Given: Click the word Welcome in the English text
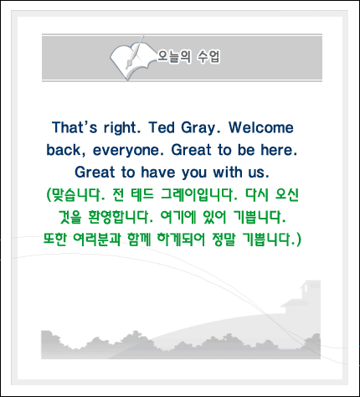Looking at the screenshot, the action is pyautogui.click(x=261, y=127).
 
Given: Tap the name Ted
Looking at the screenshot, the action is pyautogui.click(x=162, y=127).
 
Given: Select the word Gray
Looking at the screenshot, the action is pyautogui.click(x=201, y=128).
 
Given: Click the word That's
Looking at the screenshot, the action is pyautogui.click(x=75, y=127).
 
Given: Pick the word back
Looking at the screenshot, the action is pyautogui.click(x=66, y=150).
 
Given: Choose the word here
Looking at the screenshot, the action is pyautogui.click(x=279, y=150).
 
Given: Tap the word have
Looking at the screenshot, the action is pyautogui.click(x=158, y=173).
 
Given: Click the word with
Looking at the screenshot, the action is pyautogui.click(x=228, y=173).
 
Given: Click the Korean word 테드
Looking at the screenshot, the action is pyautogui.click(x=142, y=194).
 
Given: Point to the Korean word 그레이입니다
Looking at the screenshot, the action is pyautogui.click(x=199, y=194).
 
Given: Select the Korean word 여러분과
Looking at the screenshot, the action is pyautogui.click(x=96, y=240).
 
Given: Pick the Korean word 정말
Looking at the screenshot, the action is pyautogui.click(x=224, y=240).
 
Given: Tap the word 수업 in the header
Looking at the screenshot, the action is pyautogui.click(x=208, y=57).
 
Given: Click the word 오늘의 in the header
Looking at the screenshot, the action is pyautogui.click(x=174, y=57).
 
